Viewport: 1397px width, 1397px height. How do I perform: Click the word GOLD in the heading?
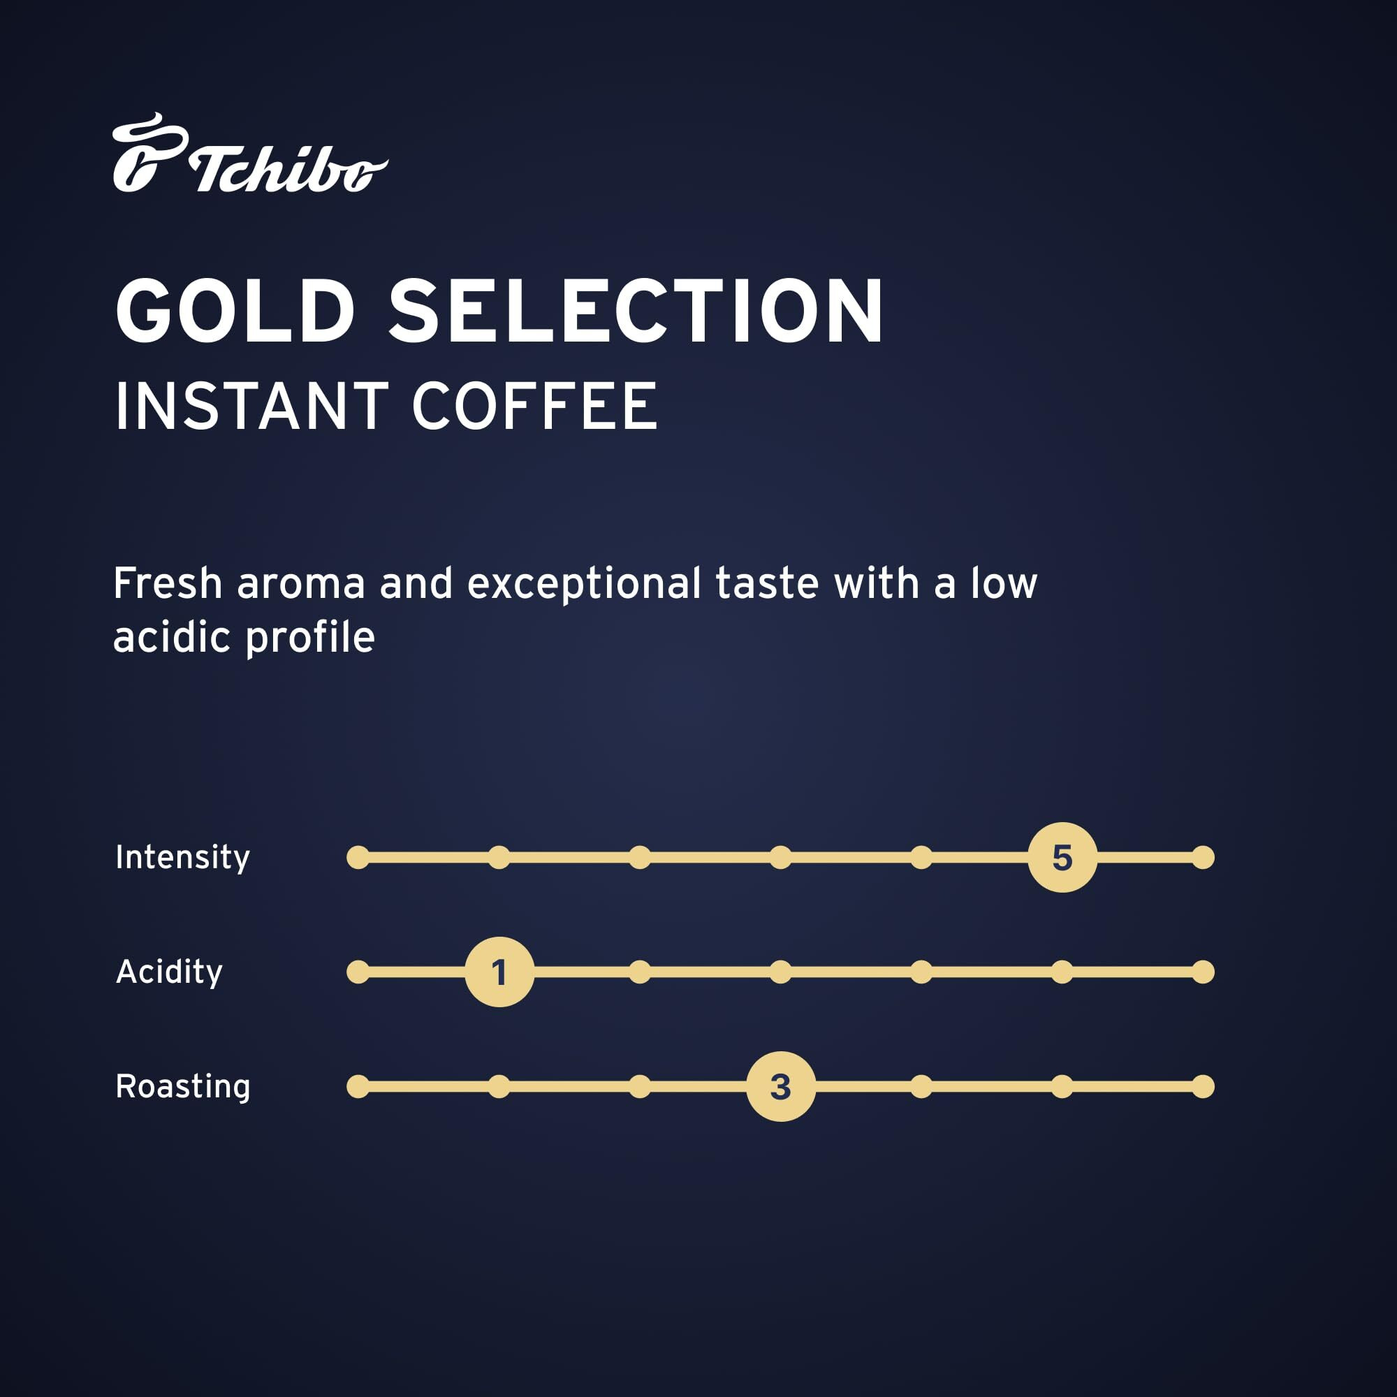click(235, 311)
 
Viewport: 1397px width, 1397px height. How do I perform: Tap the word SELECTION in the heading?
click(636, 311)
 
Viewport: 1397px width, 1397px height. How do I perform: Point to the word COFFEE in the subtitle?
click(535, 407)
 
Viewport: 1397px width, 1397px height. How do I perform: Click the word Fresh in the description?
click(168, 583)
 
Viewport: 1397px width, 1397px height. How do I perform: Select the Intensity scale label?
click(183, 858)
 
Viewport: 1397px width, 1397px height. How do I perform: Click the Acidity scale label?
click(169, 972)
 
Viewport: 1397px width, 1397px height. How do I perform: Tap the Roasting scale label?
click(183, 1087)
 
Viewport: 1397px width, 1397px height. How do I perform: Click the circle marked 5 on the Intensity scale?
click(1062, 858)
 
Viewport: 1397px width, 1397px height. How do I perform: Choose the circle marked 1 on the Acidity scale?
click(499, 972)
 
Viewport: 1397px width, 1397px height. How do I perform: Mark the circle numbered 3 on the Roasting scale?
click(781, 1087)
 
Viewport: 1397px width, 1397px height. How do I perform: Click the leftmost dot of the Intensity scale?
click(358, 858)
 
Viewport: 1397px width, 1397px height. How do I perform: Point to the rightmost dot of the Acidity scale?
click(1204, 972)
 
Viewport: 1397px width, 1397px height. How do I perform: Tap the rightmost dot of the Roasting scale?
click(1204, 1086)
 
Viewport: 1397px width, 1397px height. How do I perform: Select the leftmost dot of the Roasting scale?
click(358, 1086)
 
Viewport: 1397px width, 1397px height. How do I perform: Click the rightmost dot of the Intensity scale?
click(1204, 858)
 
